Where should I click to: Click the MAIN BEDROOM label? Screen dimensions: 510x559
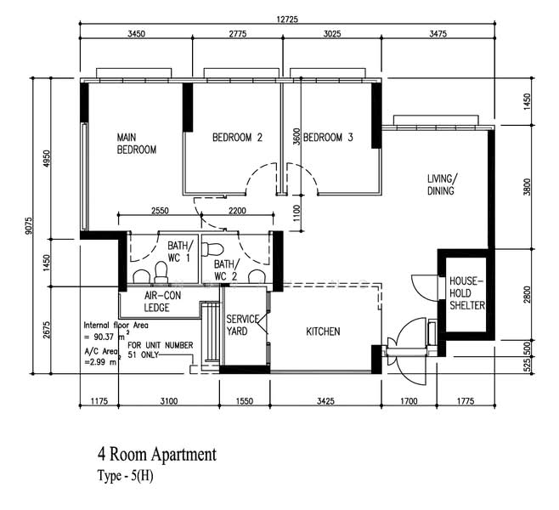point(137,143)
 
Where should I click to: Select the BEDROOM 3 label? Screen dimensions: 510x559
point(328,138)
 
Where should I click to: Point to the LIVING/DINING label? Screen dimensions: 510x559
point(442,184)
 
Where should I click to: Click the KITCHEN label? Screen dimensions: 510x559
point(324,331)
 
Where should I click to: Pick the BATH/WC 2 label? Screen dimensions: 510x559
point(225,270)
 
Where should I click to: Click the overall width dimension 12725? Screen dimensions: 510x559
point(285,19)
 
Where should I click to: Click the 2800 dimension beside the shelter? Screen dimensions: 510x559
point(527,295)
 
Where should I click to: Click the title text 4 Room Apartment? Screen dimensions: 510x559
point(157,455)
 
